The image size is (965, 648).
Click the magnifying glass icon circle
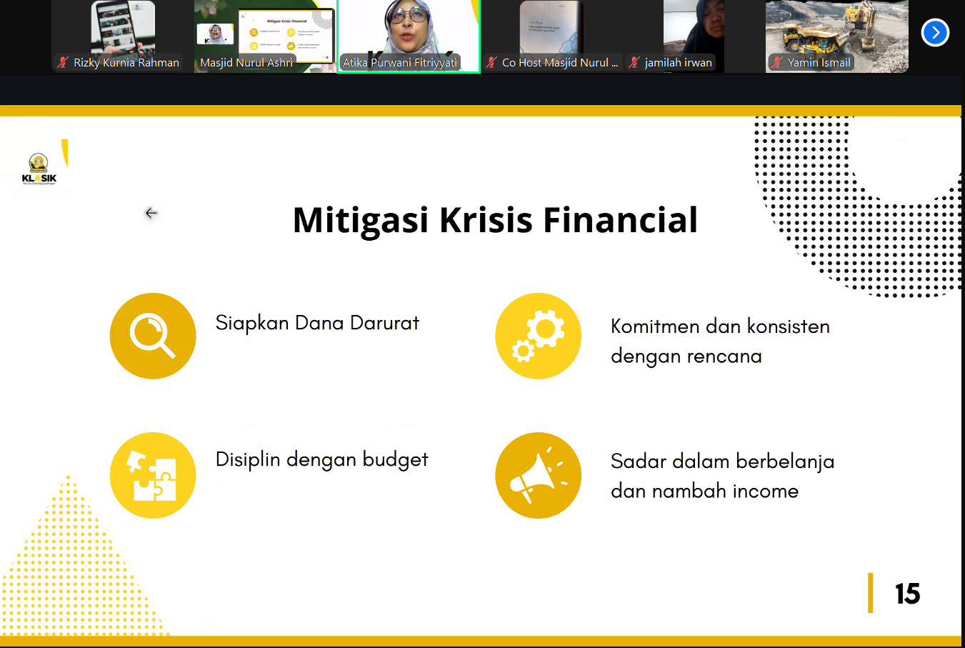(x=153, y=336)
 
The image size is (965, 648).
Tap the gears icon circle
(x=538, y=336)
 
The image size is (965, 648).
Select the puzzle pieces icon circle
(x=153, y=475)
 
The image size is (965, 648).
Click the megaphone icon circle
(x=538, y=475)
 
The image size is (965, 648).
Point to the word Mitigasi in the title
(x=361, y=220)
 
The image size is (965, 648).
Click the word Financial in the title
(x=620, y=220)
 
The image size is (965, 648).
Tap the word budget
(x=395, y=459)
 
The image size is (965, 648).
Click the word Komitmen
(x=655, y=327)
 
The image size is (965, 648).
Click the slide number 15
(x=907, y=594)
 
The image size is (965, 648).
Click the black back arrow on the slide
(x=151, y=213)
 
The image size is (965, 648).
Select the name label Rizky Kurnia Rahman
(x=126, y=63)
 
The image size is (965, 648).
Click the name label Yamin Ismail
(x=819, y=63)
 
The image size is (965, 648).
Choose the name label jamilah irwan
(x=678, y=63)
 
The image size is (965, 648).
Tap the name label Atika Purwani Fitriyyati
(x=399, y=63)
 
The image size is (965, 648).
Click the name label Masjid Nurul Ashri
(x=246, y=63)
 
